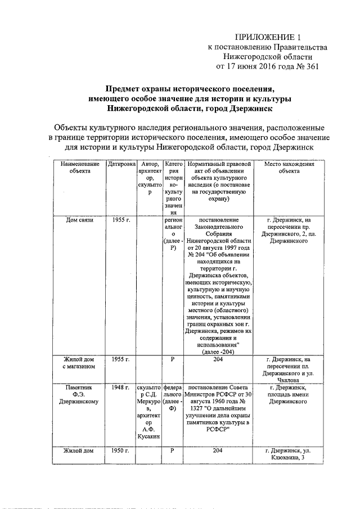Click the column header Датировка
coord(121,164)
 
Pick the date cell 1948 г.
coord(121,388)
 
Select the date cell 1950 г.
coord(121,451)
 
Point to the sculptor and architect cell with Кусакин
coord(150,414)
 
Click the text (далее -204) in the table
coord(218,352)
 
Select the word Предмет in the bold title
coord(127,89)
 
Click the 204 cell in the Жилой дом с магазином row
coord(218,359)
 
